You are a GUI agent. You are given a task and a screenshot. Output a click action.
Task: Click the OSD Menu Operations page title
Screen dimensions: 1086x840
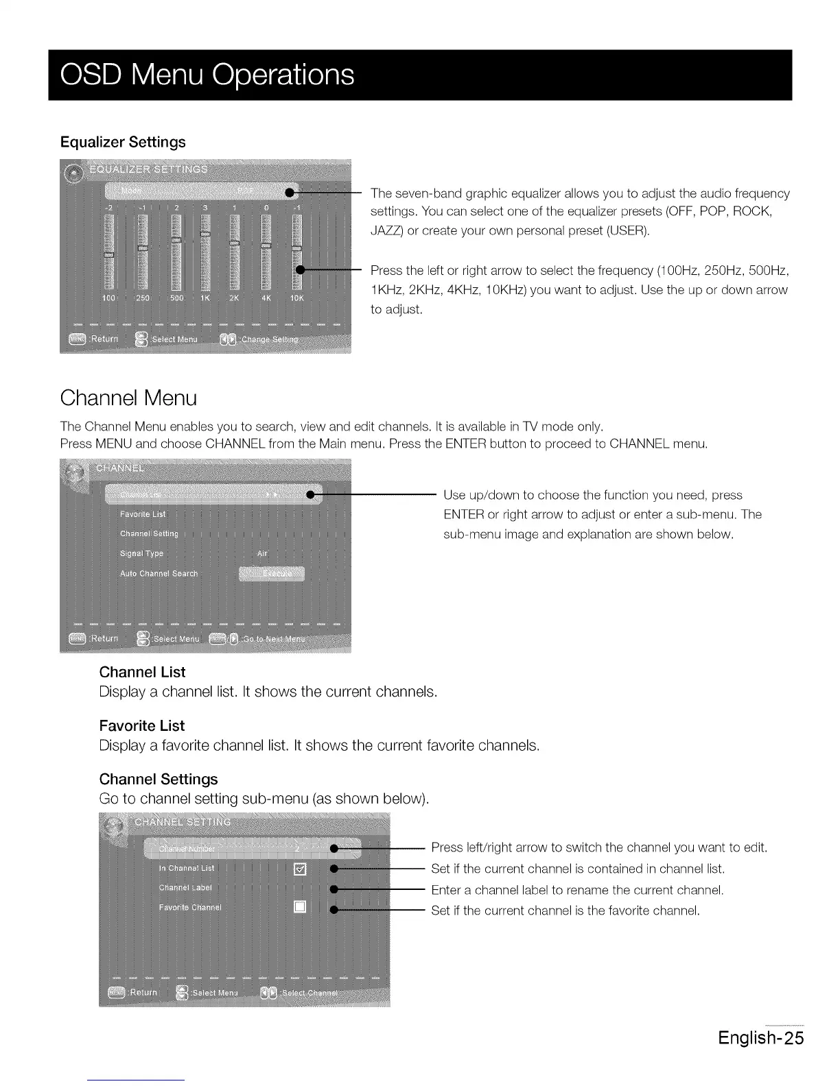[207, 75]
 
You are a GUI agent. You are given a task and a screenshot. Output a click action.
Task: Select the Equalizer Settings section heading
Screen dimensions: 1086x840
[123, 142]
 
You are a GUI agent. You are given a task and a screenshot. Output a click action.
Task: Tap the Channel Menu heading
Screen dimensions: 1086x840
[128, 398]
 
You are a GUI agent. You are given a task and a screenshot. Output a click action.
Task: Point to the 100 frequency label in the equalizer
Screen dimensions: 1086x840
[108, 298]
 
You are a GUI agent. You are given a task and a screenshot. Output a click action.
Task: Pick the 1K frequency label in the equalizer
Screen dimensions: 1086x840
[205, 298]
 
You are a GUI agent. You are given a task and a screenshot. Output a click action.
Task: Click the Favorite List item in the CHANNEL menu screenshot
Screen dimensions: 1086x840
[143, 514]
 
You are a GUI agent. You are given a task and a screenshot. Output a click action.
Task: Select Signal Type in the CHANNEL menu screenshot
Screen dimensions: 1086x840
[141, 553]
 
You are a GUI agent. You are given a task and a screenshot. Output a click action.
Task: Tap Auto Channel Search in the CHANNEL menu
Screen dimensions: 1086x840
[159, 573]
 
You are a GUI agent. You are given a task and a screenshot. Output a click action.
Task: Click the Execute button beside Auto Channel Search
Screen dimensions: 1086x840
[272, 574]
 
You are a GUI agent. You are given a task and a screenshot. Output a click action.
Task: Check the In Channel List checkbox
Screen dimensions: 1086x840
[299, 869]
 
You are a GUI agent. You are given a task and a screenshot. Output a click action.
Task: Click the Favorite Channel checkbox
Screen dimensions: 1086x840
[299, 908]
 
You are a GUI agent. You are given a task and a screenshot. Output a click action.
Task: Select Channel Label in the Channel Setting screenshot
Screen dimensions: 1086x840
[185, 887]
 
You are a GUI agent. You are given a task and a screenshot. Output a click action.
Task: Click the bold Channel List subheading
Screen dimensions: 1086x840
[142, 672]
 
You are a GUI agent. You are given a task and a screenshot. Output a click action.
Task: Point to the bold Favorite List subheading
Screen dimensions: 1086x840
[142, 725]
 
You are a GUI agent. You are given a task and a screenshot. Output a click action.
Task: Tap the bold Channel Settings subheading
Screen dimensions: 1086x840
[159, 779]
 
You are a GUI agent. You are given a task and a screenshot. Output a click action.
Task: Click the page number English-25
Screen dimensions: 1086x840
[760, 1037]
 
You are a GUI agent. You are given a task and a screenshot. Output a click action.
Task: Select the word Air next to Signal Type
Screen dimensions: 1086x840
[262, 553]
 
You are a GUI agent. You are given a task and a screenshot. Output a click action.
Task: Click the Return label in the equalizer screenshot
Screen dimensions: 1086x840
[104, 339]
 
